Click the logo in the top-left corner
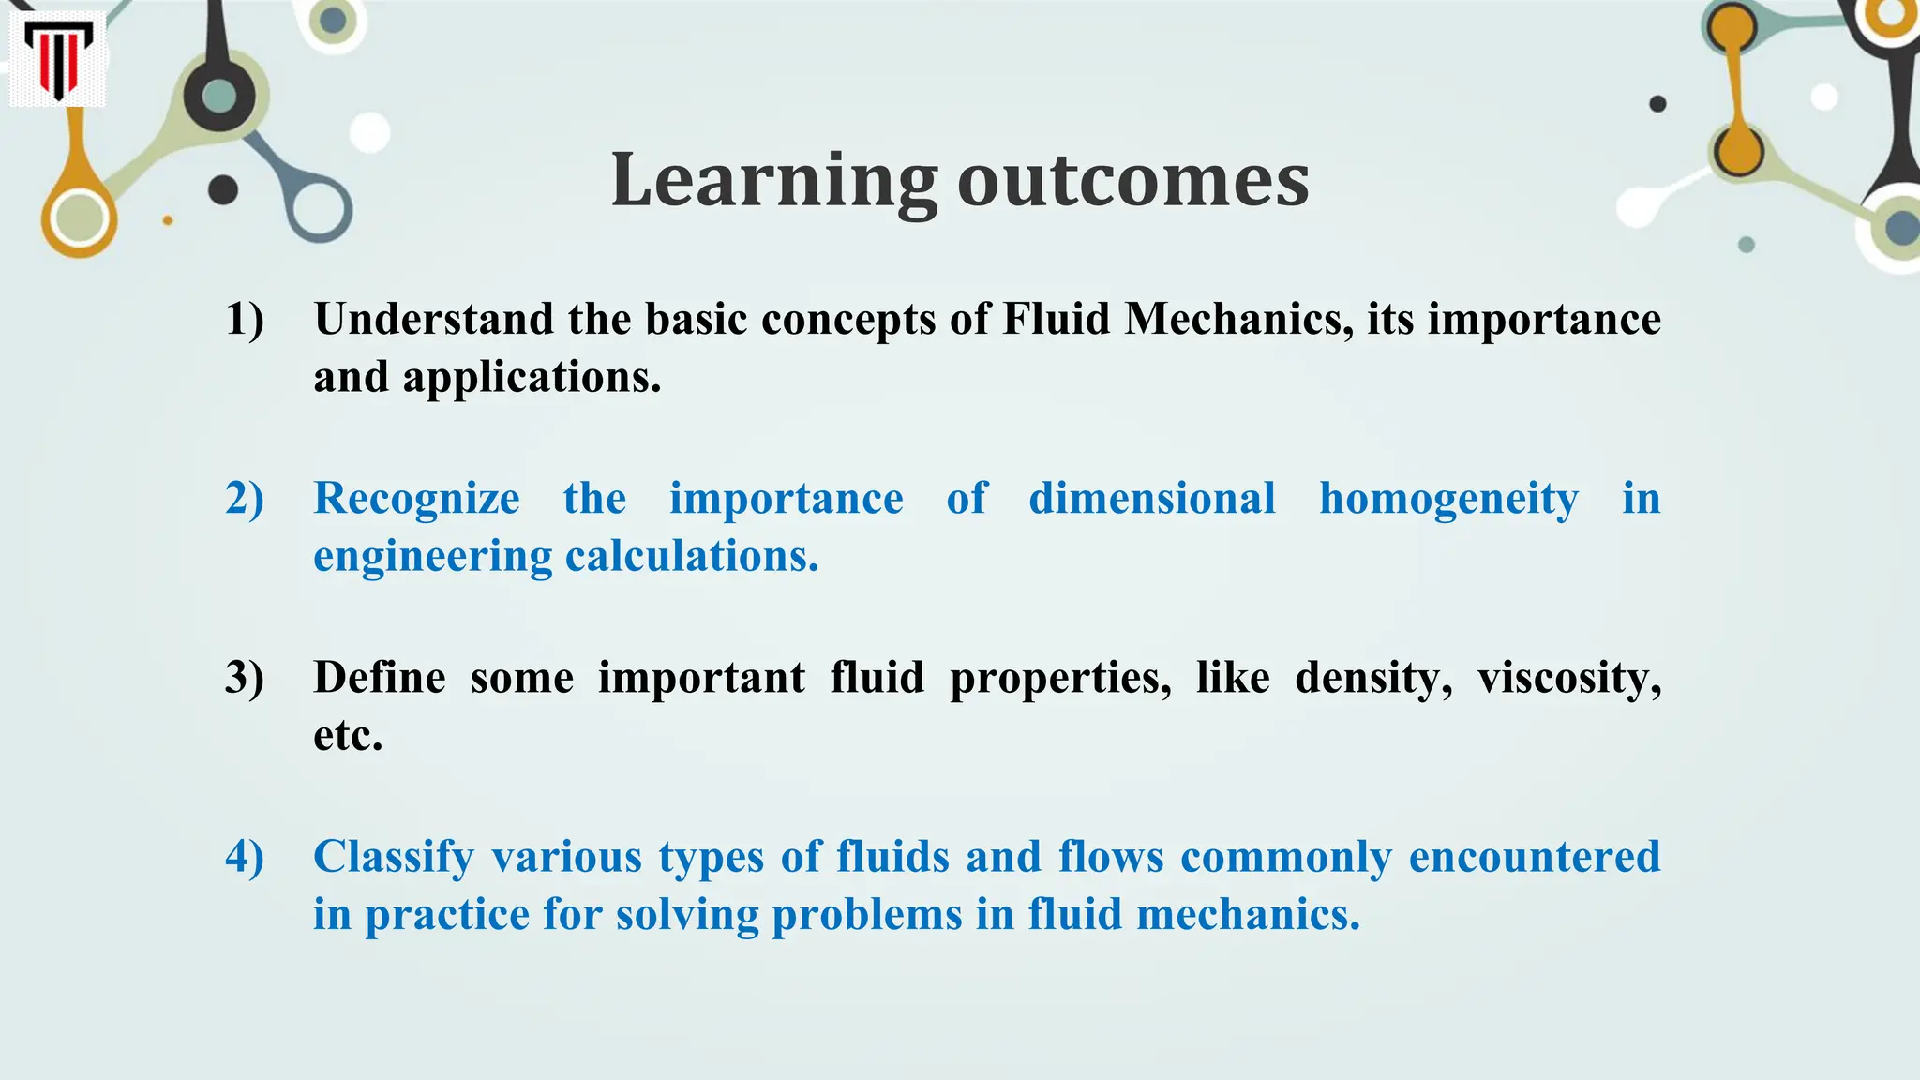(x=57, y=60)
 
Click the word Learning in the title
(x=773, y=180)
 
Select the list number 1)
(x=245, y=320)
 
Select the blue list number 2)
(x=245, y=499)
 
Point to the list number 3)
(x=245, y=678)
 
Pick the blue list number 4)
(x=245, y=857)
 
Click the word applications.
(x=532, y=378)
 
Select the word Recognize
(x=416, y=499)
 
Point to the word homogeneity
(x=1448, y=499)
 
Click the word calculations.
(x=692, y=557)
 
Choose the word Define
(x=380, y=678)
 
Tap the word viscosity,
(x=1569, y=678)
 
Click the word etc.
(x=348, y=736)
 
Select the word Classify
(x=394, y=857)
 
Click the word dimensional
(x=1152, y=499)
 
